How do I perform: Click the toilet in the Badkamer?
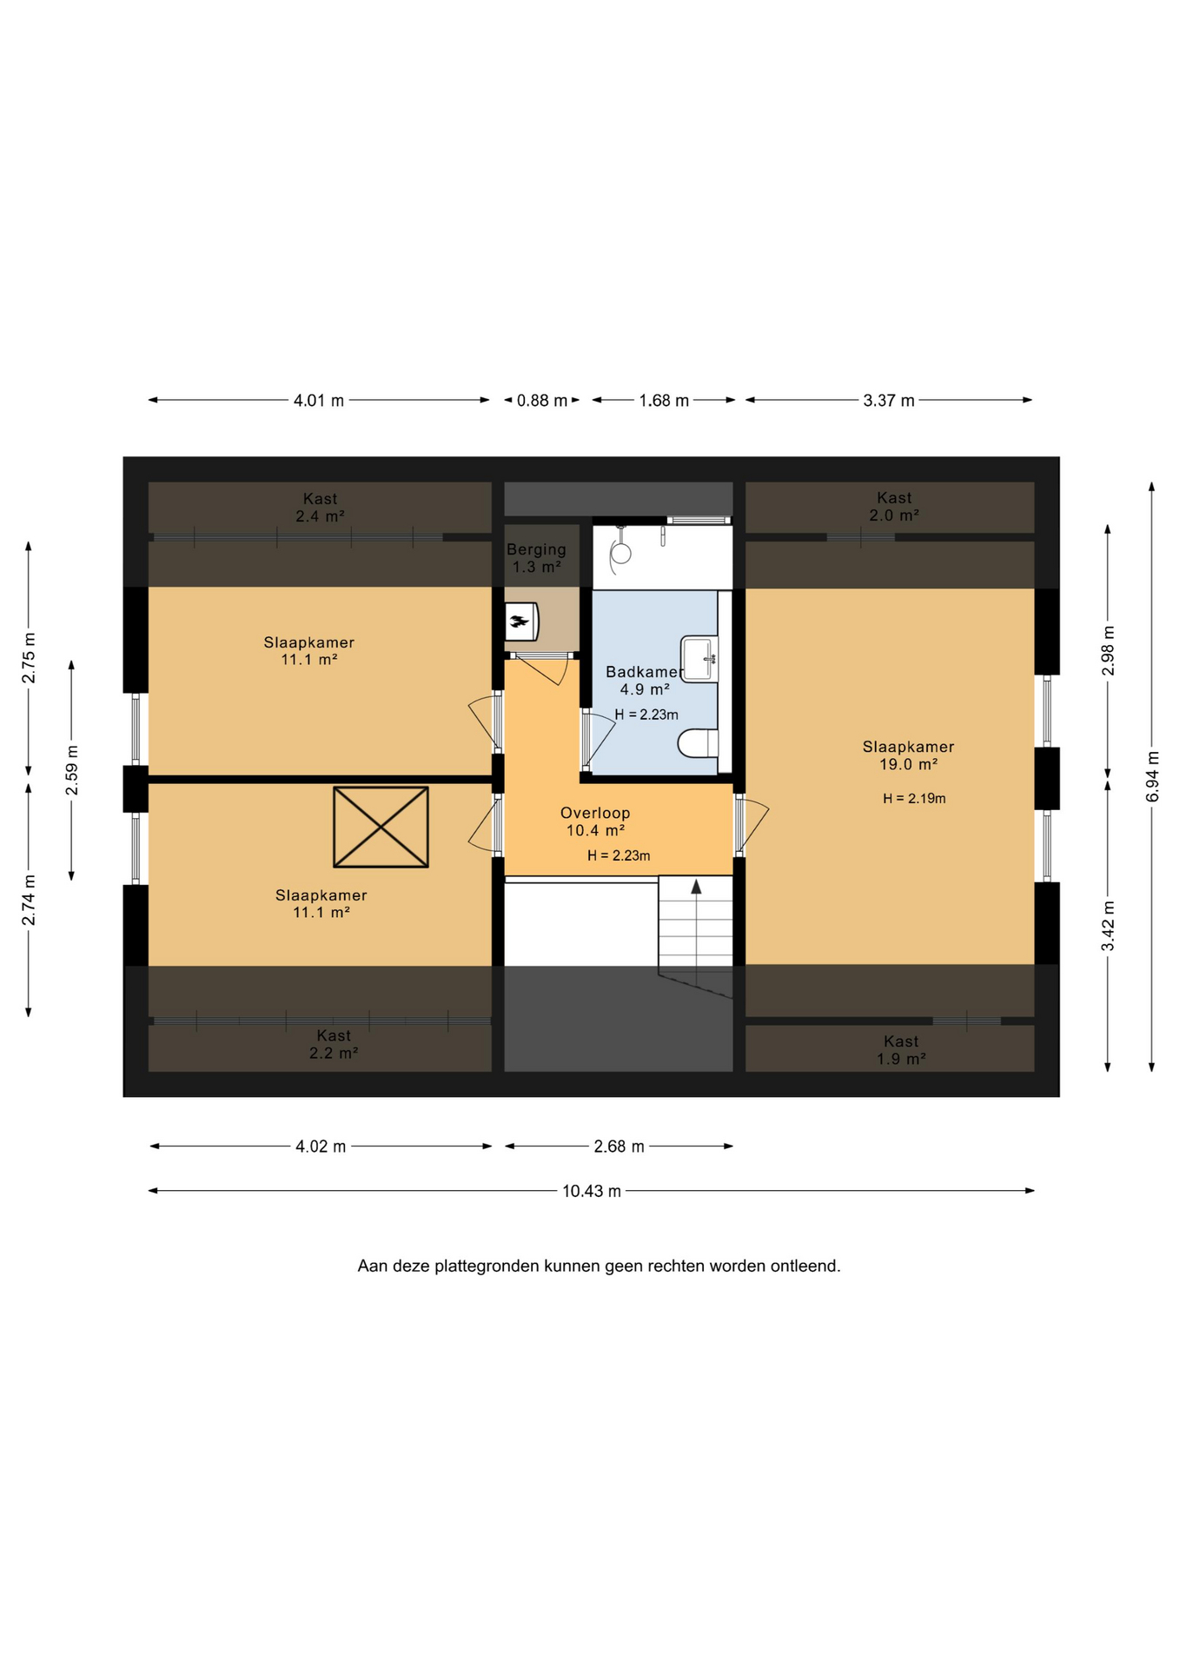699,743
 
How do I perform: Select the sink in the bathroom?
699,659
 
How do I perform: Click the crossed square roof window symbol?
381,827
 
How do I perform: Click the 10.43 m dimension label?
592,1191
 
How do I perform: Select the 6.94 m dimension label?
1152,776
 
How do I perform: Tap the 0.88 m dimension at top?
542,401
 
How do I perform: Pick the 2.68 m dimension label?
620,1147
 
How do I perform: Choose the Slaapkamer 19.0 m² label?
908,755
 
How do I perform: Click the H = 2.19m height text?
914,798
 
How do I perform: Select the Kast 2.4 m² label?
320,507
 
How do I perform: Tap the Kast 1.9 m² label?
901,1050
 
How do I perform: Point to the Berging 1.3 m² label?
536,558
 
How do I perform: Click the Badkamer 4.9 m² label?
644,681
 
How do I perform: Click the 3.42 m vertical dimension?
1108,926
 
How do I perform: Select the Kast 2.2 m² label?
334,1044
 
